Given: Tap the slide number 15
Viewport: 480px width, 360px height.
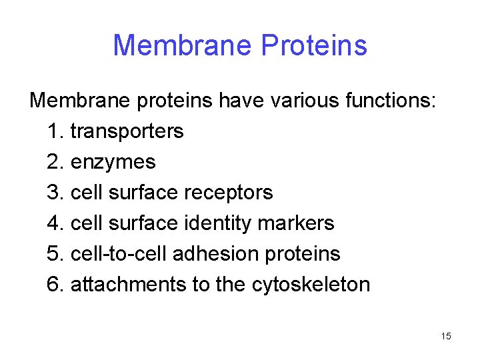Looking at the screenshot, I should [x=446, y=336].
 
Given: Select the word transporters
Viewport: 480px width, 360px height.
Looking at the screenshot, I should [x=127, y=131].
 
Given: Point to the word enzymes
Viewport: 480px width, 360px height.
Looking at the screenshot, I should [x=113, y=162].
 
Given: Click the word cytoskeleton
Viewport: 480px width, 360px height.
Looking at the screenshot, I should [x=311, y=285].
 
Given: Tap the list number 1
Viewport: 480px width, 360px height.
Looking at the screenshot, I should [x=55, y=131].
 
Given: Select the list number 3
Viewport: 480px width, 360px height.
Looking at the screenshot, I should [x=55, y=193].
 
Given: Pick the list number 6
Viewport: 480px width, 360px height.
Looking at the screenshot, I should [x=55, y=285].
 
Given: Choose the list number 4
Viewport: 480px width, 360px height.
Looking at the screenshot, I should [x=55, y=223].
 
